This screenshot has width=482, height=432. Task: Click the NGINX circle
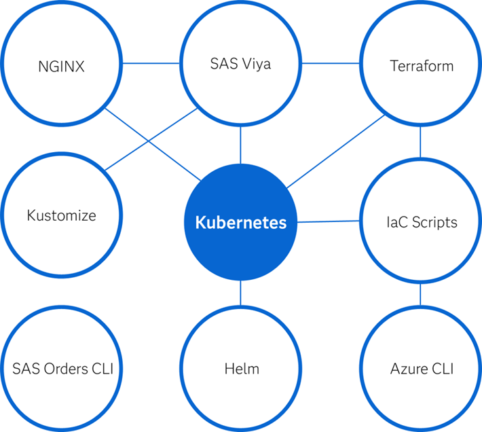click(x=62, y=67)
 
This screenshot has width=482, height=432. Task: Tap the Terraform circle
click(x=421, y=67)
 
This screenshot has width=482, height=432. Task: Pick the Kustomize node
click(x=62, y=216)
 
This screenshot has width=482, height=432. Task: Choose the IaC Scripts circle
click(x=421, y=221)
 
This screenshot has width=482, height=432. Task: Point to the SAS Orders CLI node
click(x=62, y=370)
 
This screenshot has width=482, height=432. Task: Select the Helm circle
click(x=241, y=370)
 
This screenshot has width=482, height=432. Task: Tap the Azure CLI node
click(x=421, y=370)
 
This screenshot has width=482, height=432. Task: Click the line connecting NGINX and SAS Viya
click(x=151, y=64)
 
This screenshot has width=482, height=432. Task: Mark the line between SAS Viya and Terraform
click(x=331, y=64)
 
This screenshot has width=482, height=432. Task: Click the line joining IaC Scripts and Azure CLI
click(x=421, y=294)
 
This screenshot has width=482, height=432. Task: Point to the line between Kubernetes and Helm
click(x=241, y=293)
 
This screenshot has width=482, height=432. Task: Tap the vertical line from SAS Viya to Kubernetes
click(x=241, y=143)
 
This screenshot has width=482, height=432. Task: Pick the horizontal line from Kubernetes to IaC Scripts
click(x=329, y=221)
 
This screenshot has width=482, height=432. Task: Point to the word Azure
click(x=407, y=370)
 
